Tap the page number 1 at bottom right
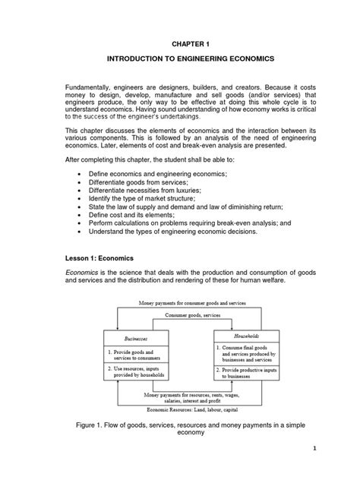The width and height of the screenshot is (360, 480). coord(335,470)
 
